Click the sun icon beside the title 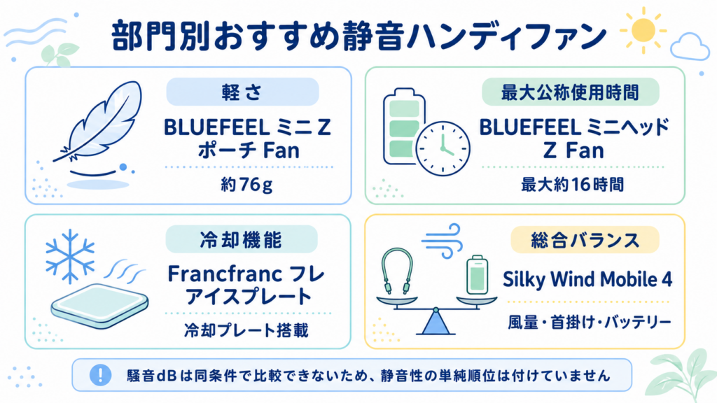[x=643, y=30]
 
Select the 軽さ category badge [x=242, y=92]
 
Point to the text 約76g [x=246, y=185]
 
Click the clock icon [x=443, y=148]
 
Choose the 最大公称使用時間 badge [x=570, y=92]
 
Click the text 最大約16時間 [x=573, y=185]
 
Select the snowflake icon [x=69, y=256]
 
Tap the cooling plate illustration [x=99, y=305]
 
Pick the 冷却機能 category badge [x=242, y=239]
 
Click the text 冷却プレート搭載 [x=246, y=330]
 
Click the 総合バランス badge [x=585, y=239]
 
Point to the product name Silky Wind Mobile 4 [x=587, y=279]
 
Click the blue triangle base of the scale [x=436, y=322]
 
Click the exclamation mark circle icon [x=100, y=375]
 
